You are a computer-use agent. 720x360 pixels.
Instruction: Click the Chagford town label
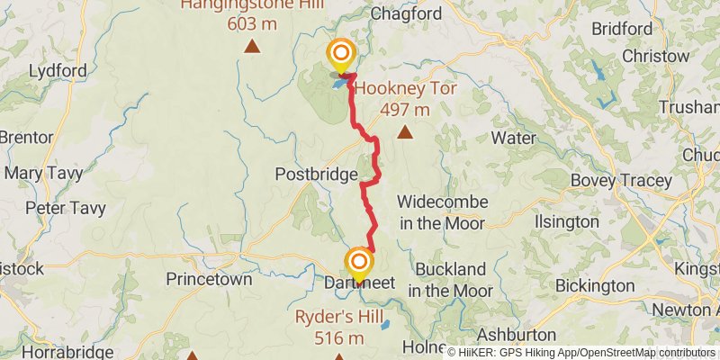point(407,13)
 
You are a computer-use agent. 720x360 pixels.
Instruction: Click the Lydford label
point(58,70)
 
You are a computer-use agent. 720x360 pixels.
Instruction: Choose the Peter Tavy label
point(66,208)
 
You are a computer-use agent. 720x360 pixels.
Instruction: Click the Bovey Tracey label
point(621,180)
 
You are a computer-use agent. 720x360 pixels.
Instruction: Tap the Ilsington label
point(567,220)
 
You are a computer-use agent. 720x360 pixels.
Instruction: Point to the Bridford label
point(622,29)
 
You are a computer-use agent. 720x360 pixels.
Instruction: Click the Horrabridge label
point(57,352)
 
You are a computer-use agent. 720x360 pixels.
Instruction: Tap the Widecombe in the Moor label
point(441,211)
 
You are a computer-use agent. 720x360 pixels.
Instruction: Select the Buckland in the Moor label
point(450,279)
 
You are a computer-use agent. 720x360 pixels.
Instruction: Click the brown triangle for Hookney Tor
point(406,133)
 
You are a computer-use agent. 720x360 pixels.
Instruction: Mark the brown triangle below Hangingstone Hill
point(253,45)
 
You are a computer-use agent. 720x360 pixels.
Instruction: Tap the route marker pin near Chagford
point(341,54)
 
